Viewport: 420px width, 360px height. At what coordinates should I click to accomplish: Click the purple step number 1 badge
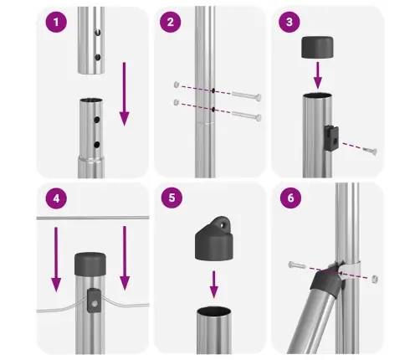[56, 22]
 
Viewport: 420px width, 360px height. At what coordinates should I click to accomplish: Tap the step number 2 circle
[171, 22]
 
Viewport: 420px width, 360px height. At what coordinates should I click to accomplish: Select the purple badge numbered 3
[289, 22]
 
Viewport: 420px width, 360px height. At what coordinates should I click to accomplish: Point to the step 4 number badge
[56, 198]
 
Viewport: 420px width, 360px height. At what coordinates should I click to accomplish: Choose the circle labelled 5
[172, 198]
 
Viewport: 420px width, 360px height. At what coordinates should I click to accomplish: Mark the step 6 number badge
[290, 198]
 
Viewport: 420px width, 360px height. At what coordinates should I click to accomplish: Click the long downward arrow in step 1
[124, 94]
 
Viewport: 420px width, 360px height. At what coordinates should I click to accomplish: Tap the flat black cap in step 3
[317, 47]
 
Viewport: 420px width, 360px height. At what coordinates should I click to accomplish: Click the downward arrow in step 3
[317, 75]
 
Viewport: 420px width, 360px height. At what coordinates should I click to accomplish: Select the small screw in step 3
[371, 151]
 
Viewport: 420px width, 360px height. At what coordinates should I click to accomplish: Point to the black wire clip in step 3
[331, 138]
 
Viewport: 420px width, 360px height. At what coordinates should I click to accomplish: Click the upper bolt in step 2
[247, 95]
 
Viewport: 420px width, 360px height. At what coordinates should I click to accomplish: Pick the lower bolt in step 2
[247, 116]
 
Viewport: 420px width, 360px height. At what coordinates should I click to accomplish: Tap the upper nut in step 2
[177, 85]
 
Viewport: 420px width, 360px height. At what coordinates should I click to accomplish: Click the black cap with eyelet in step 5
[214, 239]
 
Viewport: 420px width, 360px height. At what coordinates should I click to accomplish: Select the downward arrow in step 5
[214, 284]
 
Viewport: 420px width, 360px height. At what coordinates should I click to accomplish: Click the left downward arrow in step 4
[56, 260]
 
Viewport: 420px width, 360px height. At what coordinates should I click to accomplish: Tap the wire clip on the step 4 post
[95, 301]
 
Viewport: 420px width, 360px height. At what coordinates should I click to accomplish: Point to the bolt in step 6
[297, 265]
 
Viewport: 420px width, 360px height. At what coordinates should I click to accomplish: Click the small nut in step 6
[375, 279]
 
